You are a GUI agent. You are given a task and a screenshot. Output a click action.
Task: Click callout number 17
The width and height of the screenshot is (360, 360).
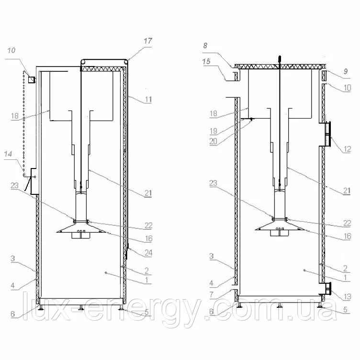148,41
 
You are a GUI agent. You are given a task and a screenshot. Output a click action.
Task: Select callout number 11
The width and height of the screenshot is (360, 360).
148,100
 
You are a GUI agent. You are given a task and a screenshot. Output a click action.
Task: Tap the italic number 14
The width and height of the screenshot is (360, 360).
8,154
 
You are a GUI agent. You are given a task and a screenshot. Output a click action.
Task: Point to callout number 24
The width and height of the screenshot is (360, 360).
148,253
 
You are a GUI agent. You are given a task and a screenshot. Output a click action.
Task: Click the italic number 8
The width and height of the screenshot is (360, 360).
205,45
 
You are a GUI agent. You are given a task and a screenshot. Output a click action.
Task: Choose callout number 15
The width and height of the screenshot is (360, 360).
206,61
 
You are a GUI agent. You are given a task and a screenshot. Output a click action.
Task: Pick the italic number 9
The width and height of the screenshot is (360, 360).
346,71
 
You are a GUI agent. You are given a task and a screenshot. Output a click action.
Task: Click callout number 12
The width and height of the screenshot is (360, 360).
347,149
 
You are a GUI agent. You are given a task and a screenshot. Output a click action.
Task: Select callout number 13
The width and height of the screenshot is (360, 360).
347,297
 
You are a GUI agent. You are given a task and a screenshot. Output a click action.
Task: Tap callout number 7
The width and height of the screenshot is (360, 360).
212,294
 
